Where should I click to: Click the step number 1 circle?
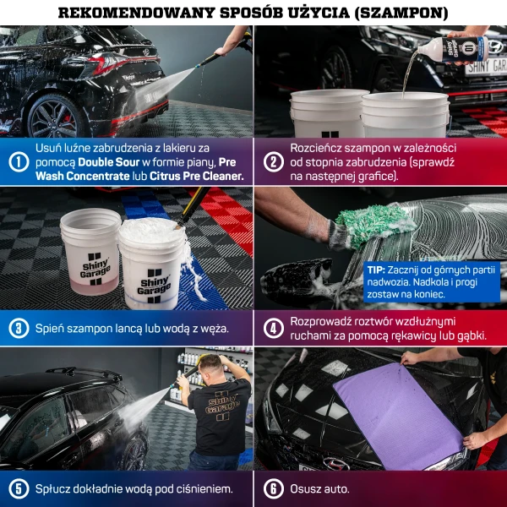[18, 162]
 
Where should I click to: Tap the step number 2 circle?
[273, 161]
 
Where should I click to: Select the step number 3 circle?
[18, 328]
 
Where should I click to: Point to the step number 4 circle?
[273, 328]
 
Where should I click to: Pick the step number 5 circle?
[18, 488]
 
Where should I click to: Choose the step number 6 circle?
[273, 488]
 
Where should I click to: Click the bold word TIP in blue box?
[377, 269]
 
